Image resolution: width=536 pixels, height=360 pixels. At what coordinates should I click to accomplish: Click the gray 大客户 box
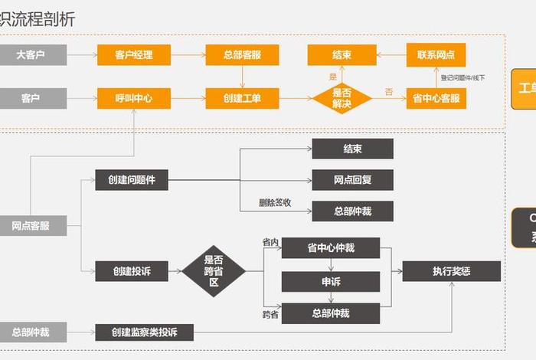click(33, 55)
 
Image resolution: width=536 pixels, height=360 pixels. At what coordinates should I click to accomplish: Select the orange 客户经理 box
click(133, 55)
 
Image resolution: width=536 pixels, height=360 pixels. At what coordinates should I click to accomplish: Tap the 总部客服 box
click(242, 55)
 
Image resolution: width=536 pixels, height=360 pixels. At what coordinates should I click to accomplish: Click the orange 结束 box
click(342, 55)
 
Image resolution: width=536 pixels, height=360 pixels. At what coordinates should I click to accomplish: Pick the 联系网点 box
click(436, 55)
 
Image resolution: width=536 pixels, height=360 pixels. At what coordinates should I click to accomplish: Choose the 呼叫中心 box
click(133, 99)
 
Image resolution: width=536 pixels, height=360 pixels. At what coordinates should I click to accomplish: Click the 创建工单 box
click(242, 99)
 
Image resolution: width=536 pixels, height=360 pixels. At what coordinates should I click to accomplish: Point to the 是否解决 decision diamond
click(342, 99)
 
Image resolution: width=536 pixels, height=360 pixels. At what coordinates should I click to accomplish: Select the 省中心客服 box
click(436, 99)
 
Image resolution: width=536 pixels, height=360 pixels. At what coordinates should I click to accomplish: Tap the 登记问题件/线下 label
click(462, 77)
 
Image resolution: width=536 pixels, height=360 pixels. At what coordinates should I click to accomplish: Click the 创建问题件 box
click(132, 180)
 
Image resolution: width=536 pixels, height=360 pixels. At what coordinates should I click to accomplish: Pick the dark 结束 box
click(352, 149)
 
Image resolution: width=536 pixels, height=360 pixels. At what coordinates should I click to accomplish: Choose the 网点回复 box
click(352, 180)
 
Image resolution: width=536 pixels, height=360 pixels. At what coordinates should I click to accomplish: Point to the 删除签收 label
click(275, 203)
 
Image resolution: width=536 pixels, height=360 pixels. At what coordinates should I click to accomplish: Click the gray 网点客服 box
click(33, 225)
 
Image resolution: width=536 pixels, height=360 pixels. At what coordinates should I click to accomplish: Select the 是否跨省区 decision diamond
click(214, 270)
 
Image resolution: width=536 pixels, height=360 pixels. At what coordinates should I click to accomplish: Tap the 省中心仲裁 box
click(331, 247)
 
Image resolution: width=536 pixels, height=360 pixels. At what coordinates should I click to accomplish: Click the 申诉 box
click(331, 282)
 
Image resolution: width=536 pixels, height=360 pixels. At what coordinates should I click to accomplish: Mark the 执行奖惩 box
click(451, 271)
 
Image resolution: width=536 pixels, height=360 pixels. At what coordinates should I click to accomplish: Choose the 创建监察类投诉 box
click(144, 332)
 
